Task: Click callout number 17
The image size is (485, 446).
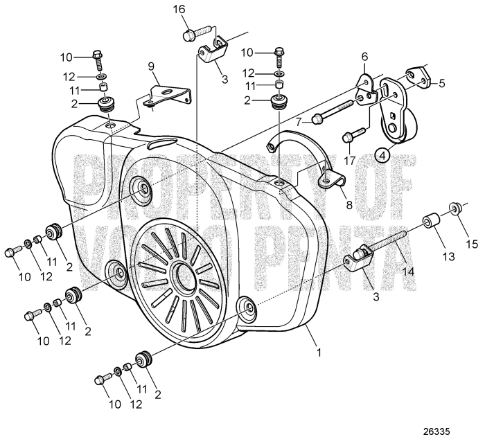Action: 351,161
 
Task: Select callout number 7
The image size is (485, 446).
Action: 300,121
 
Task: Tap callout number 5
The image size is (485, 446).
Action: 441,82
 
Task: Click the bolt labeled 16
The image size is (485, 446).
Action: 195,32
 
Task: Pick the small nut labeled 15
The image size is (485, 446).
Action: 455,207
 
